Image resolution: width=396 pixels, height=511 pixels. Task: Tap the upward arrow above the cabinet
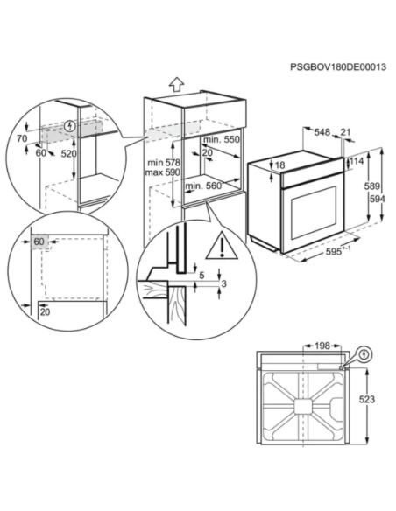tap(176, 84)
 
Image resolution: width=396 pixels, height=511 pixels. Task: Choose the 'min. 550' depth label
tap(221, 140)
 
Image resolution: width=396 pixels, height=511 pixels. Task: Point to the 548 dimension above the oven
tap(322, 133)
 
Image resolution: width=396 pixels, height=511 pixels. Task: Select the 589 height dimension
tap(371, 185)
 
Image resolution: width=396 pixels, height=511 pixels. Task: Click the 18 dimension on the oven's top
tap(280, 164)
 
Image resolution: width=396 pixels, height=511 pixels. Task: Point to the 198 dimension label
tap(321, 346)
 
